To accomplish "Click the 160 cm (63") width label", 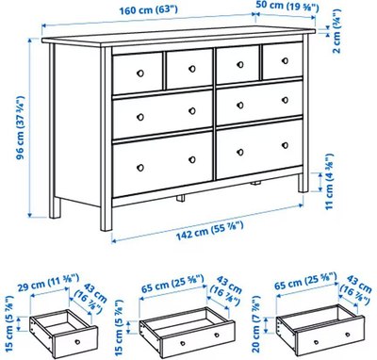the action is [x=149, y=10].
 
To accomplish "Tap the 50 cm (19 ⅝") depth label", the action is [x=287, y=7].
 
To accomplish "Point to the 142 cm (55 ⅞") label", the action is [x=209, y=229].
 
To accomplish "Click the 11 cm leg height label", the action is [x=328, y=181].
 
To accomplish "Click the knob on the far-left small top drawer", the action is [x=140, y=74].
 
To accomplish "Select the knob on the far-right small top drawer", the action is [x=285, y=60].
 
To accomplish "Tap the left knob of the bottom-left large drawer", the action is [x=140, y=168].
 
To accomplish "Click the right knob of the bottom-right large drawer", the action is [x=285, y=145].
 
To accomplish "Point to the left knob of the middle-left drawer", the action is [x=140, y=117].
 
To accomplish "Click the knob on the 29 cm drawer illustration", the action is [x=77, y=342].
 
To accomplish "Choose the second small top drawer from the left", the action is [x=189, y=69].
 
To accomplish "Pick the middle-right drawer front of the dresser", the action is [x=259, y=102].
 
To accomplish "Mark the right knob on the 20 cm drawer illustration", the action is [x=347, y=334].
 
